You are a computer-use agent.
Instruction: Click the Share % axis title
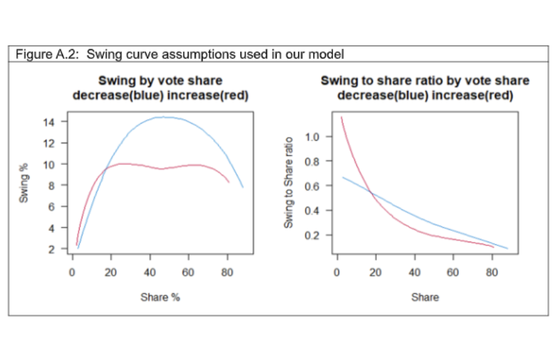tap(160, 297)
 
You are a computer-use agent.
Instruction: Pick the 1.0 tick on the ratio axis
tap(315, 137)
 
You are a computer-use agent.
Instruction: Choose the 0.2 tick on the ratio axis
tap(315, 235)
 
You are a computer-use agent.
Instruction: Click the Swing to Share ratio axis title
tap(288, 185)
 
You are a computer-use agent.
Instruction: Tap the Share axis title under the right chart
tap(425, 297)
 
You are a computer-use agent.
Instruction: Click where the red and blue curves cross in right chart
tap(372, 193)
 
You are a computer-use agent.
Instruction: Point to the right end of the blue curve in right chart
tap(507, 249)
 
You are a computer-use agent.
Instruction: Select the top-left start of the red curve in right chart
tap(341, 117)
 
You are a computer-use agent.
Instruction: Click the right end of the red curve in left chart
tap(229, 183)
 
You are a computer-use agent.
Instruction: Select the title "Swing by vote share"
tap(160, 81)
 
